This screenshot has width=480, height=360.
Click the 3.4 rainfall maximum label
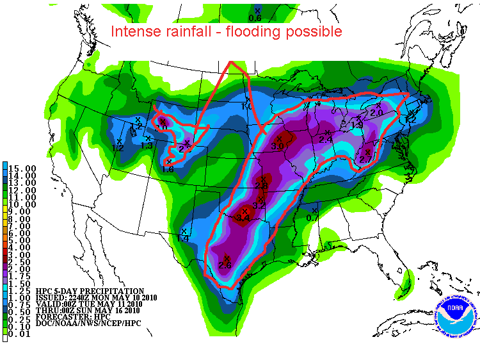click(x=243, y=218)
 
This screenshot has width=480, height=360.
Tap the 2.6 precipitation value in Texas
click(x=225, y=265)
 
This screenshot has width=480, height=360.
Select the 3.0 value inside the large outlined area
click(x=277, y=146)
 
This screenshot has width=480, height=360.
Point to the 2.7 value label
click(x=366, y=158)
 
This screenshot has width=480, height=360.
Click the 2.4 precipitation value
click(x=326, y=140)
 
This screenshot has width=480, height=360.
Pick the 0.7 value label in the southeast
click(x=312, y=218)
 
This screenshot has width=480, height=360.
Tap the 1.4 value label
click(x=183, y=238)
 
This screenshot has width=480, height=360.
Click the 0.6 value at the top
click(x=255, y=18)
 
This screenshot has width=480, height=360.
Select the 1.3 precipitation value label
click(x=147, y=145)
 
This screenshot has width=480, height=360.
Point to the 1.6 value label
click(x=168, y=169)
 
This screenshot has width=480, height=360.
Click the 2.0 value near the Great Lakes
click(x=376, y=112)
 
